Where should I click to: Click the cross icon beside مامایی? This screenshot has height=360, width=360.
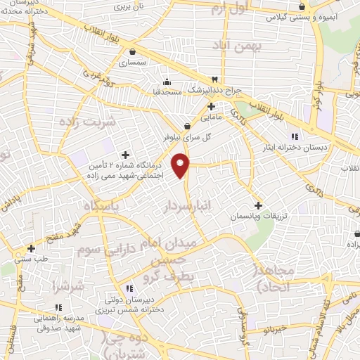(211, 106)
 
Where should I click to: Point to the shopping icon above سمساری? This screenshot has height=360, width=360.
(132, 51)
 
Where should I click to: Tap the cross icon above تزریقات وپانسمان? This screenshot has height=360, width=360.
(259, 206)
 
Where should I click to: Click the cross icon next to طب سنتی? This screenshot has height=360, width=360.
(31, 248)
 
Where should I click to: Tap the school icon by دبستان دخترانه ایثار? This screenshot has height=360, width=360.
(295, 136)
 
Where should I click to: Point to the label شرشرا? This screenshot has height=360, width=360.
(67, 286)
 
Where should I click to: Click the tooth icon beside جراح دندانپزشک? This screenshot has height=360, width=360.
(215, 79)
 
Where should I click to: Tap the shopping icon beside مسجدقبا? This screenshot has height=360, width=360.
(167, 81)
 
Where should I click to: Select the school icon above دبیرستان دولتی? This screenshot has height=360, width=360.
(129, 288)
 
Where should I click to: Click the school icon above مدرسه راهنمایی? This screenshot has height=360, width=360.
(58, 307)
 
